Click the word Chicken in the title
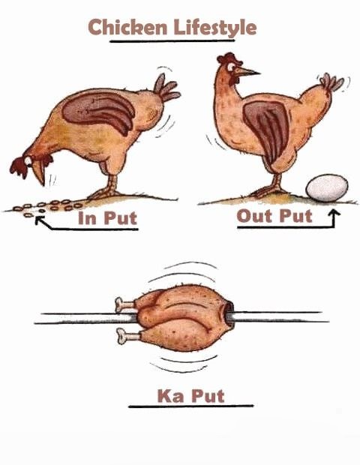coord(127,27)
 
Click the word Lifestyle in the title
coord(215,28)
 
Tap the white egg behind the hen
coord(327,188)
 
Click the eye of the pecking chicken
coord(28,160)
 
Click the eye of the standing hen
coord(231,67)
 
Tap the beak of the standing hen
coord(247,71)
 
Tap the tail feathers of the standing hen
coord(332,82)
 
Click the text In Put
coord(107,218)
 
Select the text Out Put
coord(274,216)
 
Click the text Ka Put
coord(191,396)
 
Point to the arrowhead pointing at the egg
coord(334,213)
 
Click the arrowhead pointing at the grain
coord(39,220)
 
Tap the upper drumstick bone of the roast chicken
coord(125,304)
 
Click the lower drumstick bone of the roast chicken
coord(127,336)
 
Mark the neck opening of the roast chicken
coord(229,315)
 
